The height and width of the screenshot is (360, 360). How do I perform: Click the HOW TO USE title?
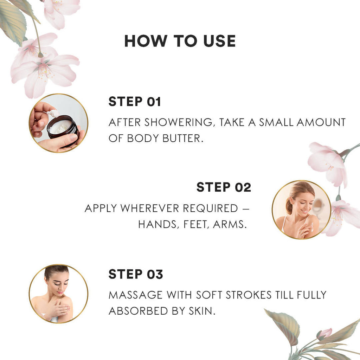click(180, 41)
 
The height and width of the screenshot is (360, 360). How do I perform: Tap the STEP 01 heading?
click(135, 102)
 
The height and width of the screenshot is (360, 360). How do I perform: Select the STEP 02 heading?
click(224, 187)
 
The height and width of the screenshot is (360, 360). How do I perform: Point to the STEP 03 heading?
click(136, 274)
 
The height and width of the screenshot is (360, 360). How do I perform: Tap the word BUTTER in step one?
click(183, 138)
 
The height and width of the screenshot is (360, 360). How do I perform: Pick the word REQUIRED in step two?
click(210, 208)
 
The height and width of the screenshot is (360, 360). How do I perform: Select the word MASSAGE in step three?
click(135, 295)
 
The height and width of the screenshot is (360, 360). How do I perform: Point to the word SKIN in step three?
click(202, 311)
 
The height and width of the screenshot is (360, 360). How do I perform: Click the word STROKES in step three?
click(249, 295)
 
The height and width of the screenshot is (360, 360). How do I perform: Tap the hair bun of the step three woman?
click(57, 268)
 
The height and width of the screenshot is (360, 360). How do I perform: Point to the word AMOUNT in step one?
click(321, 122)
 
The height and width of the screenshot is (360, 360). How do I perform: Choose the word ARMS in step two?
click(230, 225)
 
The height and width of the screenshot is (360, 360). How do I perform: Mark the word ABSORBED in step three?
click(139, 311)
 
